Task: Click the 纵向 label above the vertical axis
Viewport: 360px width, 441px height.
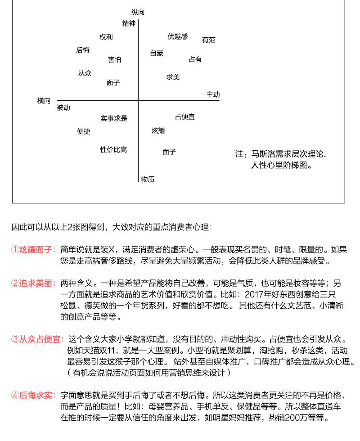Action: coord(138,12)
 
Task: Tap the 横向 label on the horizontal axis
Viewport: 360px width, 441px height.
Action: coord(44,101)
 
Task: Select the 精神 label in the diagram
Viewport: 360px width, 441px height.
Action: coord(129,23)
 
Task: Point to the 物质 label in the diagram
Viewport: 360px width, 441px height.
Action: coord(148,180)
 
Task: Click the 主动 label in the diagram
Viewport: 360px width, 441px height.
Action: coord(213,94)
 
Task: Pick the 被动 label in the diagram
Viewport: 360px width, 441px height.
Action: coord(63,108)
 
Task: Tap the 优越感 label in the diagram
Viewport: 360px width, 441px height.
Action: coord(178,36)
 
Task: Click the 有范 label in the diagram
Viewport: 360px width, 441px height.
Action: coord(209,40)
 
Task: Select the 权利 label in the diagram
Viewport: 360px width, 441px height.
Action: coord(106,37)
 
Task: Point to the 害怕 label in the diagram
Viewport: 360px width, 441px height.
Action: coord(114,60)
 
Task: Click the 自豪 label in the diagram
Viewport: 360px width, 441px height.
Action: coord(157,53)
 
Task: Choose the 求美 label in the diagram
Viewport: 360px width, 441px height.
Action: coord(173,77)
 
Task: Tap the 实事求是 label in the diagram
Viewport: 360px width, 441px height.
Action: coord(114,119)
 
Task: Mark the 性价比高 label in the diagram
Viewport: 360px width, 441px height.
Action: coord(113,150)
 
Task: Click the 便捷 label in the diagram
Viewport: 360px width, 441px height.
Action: coord(84,132)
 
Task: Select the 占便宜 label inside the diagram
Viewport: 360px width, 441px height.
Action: coord(185,117)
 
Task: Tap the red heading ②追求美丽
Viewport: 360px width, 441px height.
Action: coord(33,283)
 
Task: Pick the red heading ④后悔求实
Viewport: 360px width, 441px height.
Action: coord(33,396)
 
